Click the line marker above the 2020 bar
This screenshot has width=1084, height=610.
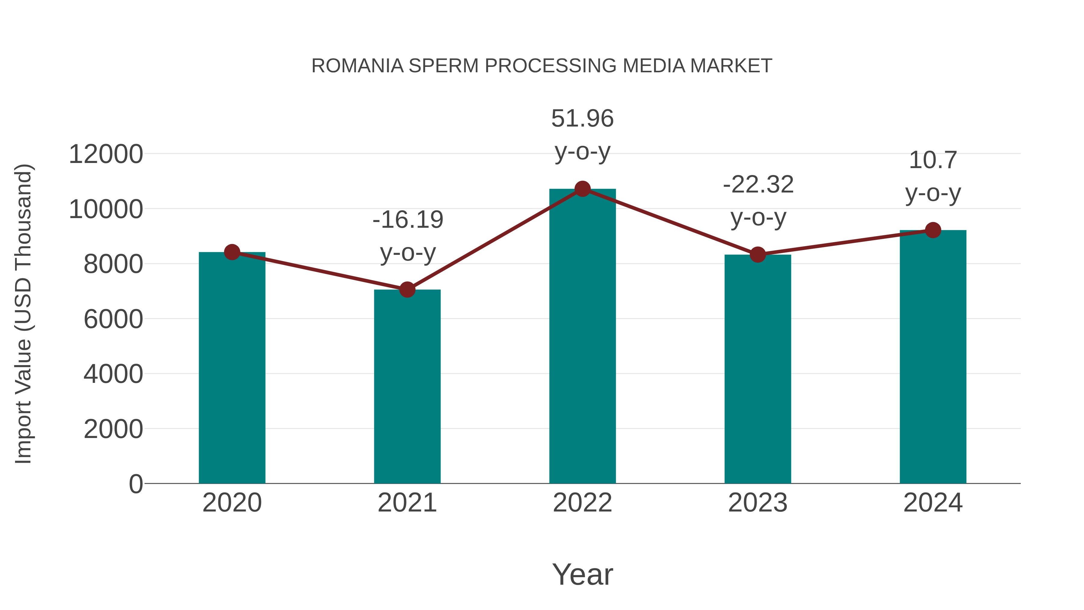pyautogui.click(x=232, y=252)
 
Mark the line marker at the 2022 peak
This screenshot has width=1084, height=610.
pyautogui.click(x=582, y=189)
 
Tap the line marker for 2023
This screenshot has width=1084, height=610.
pyautogui.click(x=758, y=255)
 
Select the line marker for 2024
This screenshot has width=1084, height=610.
pyautogui.click(x=933, y=230)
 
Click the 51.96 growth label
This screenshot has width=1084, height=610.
pyautogui.click(x=582, y=118)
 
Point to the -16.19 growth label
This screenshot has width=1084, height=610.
pyautogui.click(x=408, y=220)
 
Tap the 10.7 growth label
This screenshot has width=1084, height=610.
pyautogui.click(x=933, y=160)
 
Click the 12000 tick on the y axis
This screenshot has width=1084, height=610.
pyautogui.click(x=106, y=154)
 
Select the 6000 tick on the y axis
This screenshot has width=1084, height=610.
pyautogui.click(x=113, y=319)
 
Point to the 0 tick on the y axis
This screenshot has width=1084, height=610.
pyautogui.click(x=135, y=484)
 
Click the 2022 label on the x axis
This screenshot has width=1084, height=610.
pyautogui.click(x=582, y=503)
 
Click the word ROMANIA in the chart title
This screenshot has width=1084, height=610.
pyautogui.click(x=357, y=66)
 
